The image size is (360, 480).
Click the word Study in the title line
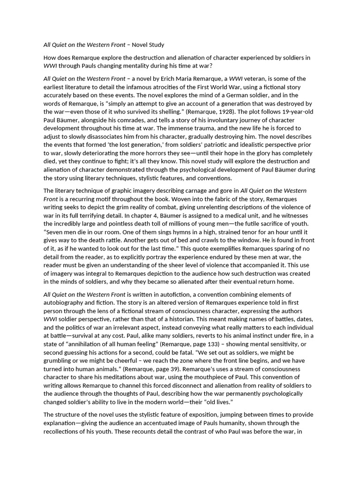(154, 45)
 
